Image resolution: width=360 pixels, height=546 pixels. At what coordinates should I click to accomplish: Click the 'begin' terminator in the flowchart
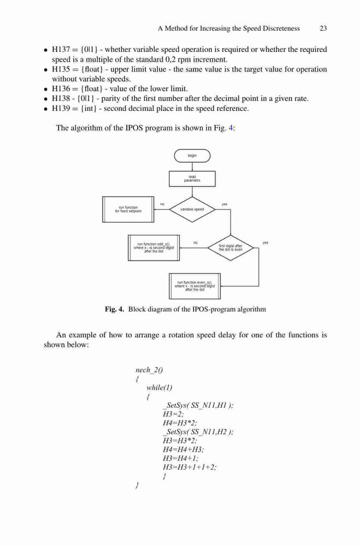(192, 156)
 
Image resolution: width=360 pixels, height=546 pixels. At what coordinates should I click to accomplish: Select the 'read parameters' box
(192, 179)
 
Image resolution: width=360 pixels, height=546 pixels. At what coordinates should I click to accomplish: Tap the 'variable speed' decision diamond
(192, 209)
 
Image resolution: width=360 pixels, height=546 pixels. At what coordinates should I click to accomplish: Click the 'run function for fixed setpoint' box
(128, 209)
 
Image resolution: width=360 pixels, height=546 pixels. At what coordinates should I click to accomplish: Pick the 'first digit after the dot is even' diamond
(231, 247)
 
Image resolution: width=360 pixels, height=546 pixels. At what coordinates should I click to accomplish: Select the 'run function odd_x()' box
(154, 247)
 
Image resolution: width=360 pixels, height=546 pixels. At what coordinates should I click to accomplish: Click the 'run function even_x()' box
(195, 286)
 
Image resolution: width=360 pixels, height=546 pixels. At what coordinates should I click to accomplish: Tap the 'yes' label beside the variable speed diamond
(225, 204)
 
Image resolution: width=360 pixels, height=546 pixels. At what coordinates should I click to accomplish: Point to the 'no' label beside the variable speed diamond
(162, 204)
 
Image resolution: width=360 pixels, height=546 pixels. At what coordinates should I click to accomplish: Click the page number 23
(323, 28)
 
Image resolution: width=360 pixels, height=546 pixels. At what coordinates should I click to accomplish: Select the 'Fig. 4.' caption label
(114, 309)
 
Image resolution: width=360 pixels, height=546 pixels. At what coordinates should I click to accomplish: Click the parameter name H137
(61, 50)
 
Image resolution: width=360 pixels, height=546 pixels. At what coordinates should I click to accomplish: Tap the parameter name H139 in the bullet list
(61, 108)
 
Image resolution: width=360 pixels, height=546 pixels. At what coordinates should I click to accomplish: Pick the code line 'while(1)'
(160, 388)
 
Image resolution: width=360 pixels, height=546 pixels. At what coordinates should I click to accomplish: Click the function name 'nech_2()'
(149, 370)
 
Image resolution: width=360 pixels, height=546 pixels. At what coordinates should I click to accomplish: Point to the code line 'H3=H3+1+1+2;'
(190, 467)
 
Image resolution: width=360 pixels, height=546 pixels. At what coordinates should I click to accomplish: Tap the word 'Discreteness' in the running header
(281, 28)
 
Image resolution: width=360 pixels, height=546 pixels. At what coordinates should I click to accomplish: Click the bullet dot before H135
(45, 70)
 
